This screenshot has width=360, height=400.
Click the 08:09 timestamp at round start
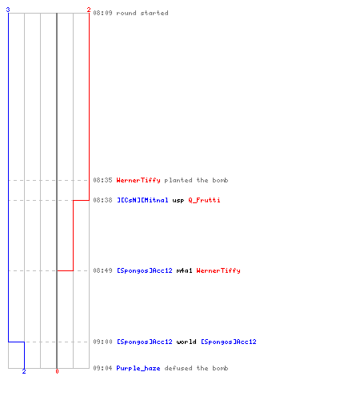click(102, 13)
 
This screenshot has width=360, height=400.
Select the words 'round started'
click(142, 13)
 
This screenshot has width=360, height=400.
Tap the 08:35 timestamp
click(102, 180)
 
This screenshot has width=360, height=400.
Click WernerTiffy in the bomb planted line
click(138, 180)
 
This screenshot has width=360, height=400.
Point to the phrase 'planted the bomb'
click(196, 180)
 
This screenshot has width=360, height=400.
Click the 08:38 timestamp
click(102, 200)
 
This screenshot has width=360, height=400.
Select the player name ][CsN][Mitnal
click(142, 200)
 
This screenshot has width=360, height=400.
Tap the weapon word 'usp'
click(178, 201)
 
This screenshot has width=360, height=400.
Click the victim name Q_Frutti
click(204, 200)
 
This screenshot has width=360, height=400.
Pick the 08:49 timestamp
click(102, 270)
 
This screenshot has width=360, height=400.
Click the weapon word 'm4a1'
click(184, 270)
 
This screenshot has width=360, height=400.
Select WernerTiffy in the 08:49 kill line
click(218, 270)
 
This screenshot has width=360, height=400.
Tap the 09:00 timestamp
click(102, 342)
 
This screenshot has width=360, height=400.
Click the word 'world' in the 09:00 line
click(186, 342)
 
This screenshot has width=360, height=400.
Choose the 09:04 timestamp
click(102, 368)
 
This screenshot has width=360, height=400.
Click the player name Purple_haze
click(138, 369)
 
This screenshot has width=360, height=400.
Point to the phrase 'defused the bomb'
click(196, 368)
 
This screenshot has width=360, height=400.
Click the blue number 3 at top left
click(8, 10)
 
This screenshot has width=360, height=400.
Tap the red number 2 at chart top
click(89, 10)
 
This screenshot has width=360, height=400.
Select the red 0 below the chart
click(57, 371)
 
